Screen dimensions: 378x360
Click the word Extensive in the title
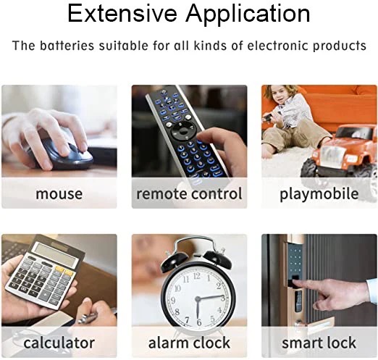coord(122,13)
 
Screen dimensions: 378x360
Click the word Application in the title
coord(248,14)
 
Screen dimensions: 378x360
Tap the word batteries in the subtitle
coord(67,46)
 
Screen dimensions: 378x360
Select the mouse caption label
coord(59,194)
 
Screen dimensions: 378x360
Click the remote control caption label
coord(189,193)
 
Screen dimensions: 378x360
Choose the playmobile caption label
coord(319,194)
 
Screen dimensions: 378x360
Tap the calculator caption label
coord(59,343)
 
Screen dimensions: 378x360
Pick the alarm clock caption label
coord(189,343)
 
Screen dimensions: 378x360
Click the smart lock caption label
coord(319,343)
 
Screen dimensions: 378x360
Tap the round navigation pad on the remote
coord(183,131)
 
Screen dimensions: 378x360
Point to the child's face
coord(280,96)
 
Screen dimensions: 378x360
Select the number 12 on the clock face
coord(197,276)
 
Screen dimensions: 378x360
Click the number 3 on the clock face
coord(223,298)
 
